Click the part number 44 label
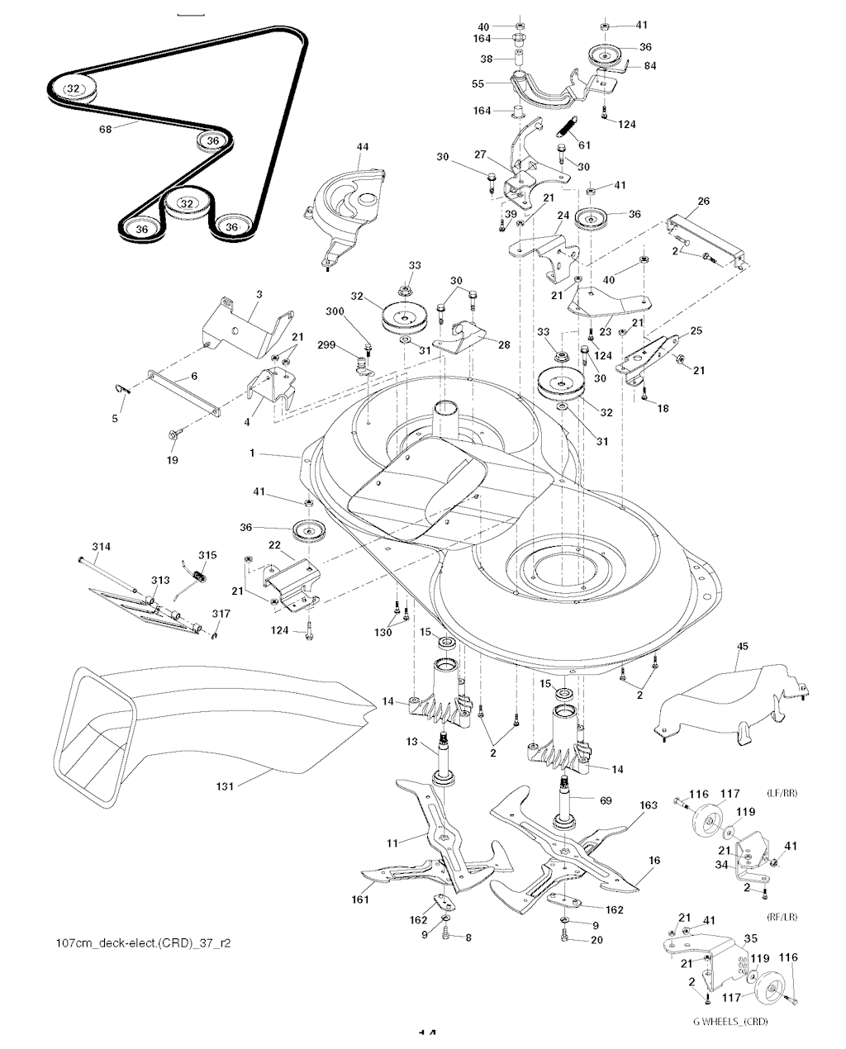point(362,147)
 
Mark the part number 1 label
point(253,453)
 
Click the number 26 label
point(703,201)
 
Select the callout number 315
point(207,554)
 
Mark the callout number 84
point(650,65)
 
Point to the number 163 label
point(648,803)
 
